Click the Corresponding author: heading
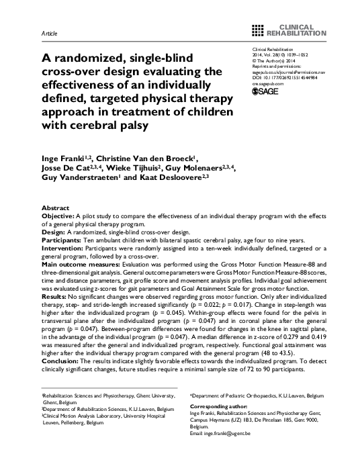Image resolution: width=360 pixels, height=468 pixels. [216, 407]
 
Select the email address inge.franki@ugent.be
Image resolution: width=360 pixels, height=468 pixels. [237, 434]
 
